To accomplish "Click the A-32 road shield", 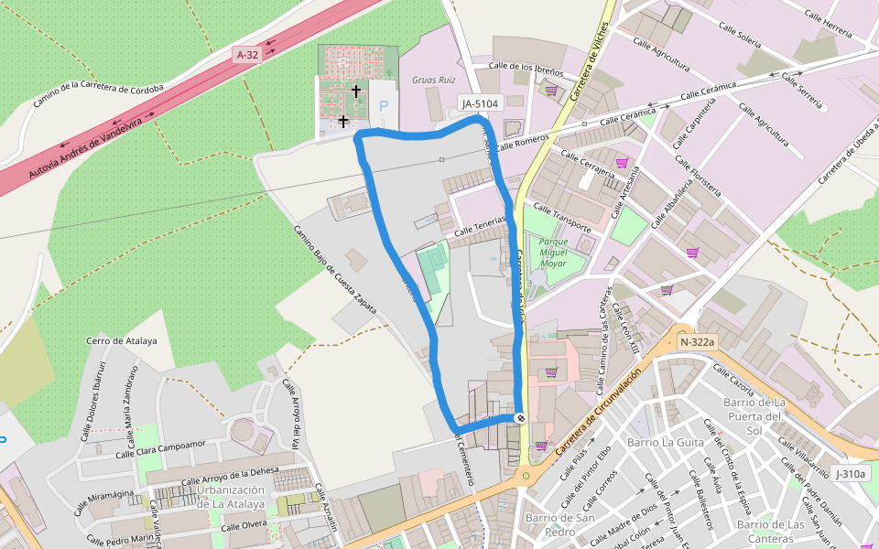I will tap(247, 55).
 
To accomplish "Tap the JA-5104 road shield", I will tap(480, 104).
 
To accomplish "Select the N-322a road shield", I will tap(697, 342).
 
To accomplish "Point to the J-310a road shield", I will tap(850, 474).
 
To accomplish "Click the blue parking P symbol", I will tap(384, 107).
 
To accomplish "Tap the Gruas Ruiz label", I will tap(434, 81).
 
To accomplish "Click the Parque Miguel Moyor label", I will tap(553, 252).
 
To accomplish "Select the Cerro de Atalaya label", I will tap(122, 341).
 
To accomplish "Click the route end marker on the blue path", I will tap(520, 418).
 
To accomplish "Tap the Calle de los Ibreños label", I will tap(525, 66).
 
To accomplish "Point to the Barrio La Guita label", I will tap(665, 442).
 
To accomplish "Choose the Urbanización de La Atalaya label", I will tap(231, 496).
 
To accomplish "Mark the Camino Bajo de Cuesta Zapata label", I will tap(335, 270).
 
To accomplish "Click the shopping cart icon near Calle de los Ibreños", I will tap(551, 91).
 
